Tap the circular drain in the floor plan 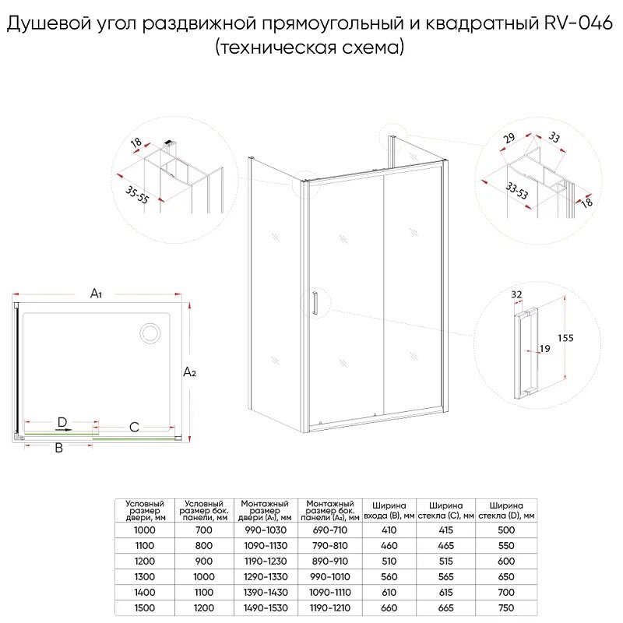tap(150, 334)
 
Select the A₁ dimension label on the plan tap(97, 294)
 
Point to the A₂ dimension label tap(189, 373)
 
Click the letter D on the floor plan tap(62, 422)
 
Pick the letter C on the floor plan tap(134, 427)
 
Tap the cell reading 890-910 tap(331, 561)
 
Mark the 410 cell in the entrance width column tap(389, 530)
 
